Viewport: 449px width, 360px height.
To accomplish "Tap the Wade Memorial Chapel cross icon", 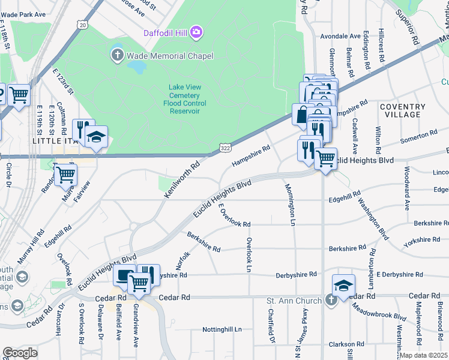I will pos(117,56).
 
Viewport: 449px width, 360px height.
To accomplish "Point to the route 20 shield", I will pos(82,25).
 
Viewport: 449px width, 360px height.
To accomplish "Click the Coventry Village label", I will pos(402,110).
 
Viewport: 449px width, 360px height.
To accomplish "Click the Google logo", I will pos(20,353).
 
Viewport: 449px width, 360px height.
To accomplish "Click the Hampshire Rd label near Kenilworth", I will pos(252,155).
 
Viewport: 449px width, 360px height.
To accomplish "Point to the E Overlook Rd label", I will pos(234,215).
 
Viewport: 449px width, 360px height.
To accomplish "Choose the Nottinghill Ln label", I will pos(221,329).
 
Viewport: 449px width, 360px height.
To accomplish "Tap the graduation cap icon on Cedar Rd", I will pos(344,285).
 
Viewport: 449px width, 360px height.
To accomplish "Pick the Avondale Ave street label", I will pos(340,36).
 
